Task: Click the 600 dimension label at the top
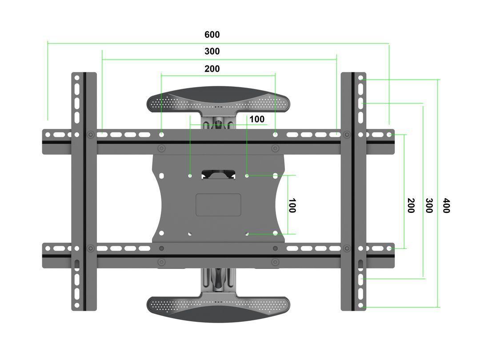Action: [212, 35]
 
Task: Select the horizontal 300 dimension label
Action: [212, 52]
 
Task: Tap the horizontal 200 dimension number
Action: [212, 69]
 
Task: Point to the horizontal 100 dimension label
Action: [256, 119]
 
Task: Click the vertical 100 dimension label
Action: [292, 205]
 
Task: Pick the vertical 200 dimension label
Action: [411, 205]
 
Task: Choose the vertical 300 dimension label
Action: [429, 205]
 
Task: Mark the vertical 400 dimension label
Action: [446, 205]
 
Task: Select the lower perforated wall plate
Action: [218, 308]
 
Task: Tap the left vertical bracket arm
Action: [84, 191]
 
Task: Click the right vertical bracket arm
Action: [353, 191]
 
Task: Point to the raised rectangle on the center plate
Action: [218, 205]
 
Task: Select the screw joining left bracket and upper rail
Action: [91, 134]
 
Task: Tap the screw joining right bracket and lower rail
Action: [346, 248]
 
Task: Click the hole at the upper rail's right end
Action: [389, 134]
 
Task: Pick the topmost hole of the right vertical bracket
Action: [360, 79]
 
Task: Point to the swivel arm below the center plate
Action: [218, 280]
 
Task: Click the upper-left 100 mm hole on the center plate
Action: [190, 176]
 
